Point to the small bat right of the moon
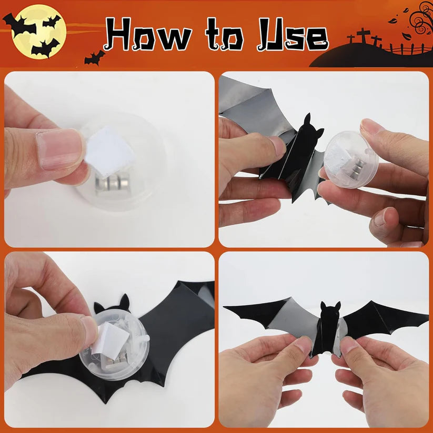click(95, 57)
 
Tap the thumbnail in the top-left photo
click(58, 150)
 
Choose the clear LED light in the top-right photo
click(351, 158)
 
